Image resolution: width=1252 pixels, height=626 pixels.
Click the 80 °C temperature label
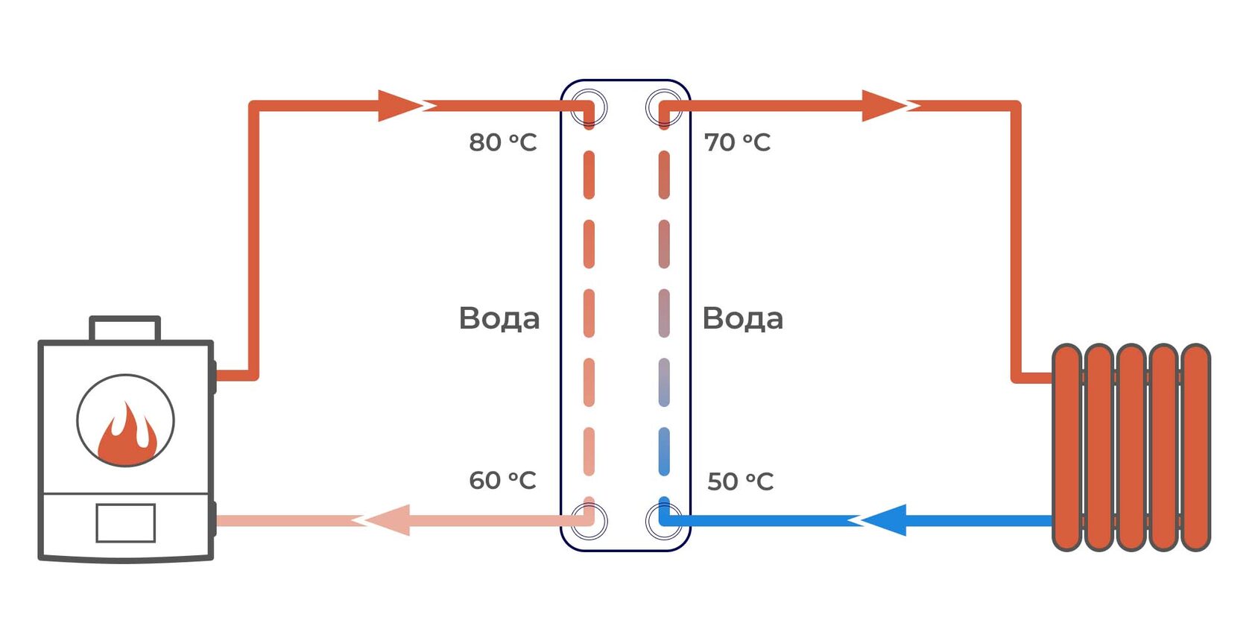(502, 142)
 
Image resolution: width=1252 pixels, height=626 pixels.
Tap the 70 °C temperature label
(737, 142)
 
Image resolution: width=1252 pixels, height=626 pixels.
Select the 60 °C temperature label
(502, 481)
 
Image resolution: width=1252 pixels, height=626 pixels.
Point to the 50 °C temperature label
(740, 481)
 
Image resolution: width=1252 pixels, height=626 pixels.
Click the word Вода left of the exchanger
(499, 318)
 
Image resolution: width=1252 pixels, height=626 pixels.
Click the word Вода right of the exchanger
(742, 318)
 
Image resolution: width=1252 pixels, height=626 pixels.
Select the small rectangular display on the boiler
(125, 523)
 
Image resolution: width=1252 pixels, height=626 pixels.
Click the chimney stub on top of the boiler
(124, 329)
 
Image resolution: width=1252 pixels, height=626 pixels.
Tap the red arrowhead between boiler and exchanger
(399, 106)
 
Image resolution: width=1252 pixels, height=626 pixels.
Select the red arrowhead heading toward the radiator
(884, 106)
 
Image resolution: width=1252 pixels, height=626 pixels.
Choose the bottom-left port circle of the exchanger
(589, 519)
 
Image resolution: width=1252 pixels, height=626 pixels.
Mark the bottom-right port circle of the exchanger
(663, 519)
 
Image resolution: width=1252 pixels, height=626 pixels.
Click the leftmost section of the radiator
(1066, 447)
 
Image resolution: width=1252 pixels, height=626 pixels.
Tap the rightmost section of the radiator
(1195, 447)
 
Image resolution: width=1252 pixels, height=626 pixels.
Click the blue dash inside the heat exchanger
(664, 452)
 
